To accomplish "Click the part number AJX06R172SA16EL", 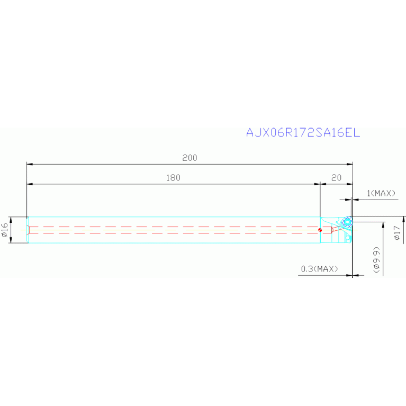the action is [303, 133].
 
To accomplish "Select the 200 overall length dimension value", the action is [190, 158].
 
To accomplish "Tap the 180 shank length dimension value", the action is [173, 178].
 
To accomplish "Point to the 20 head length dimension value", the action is [337, 178].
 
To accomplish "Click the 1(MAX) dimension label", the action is [381, 194].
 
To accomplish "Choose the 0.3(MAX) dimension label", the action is [319, 269].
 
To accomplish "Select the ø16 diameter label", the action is [5, 230].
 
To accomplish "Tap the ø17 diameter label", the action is [398, 231].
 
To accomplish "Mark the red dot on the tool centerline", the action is [320, 230].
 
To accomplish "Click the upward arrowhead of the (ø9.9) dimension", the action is [383, 224].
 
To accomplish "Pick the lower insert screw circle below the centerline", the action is [348, 237].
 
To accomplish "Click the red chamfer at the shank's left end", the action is [29, 230].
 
